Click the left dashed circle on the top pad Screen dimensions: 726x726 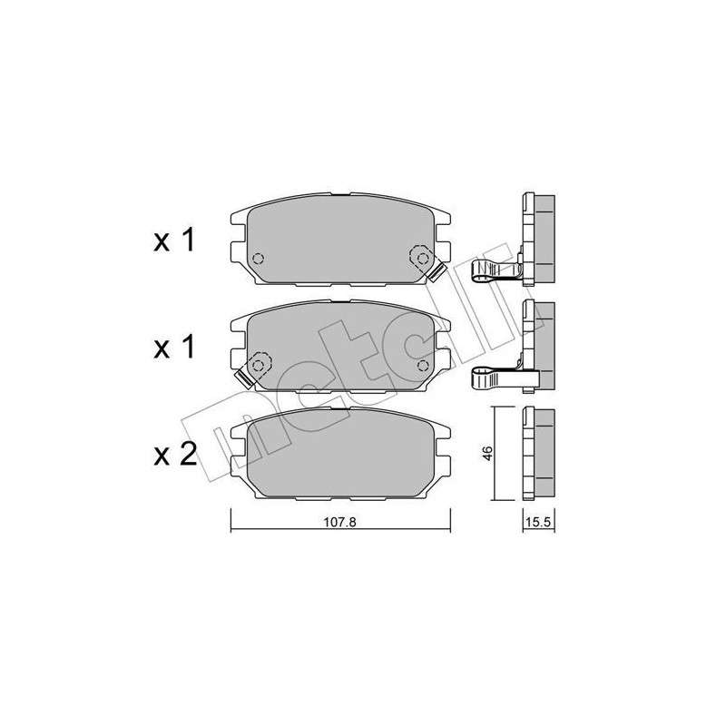pos(257,258)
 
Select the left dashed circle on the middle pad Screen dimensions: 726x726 pos(257,365)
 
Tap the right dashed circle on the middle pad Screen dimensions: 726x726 pos(422,365)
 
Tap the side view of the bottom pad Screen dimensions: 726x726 pos(538,454)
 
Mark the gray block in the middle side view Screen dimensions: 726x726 pos(544,340)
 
